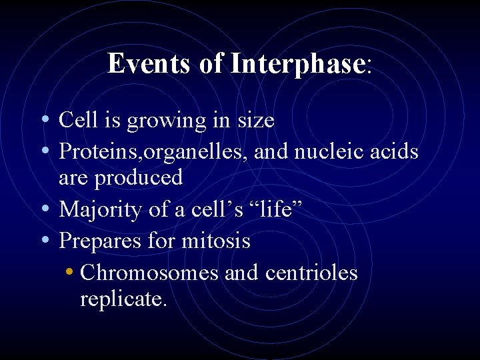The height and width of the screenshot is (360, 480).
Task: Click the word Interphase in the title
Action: [297, 64]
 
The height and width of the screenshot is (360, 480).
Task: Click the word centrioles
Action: [311, 273]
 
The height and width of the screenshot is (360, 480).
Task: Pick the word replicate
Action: [123, 299]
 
